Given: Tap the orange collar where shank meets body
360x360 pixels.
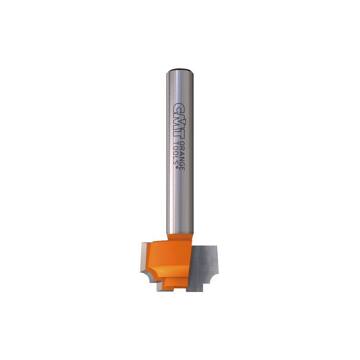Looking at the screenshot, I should (x=180, y=237).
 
